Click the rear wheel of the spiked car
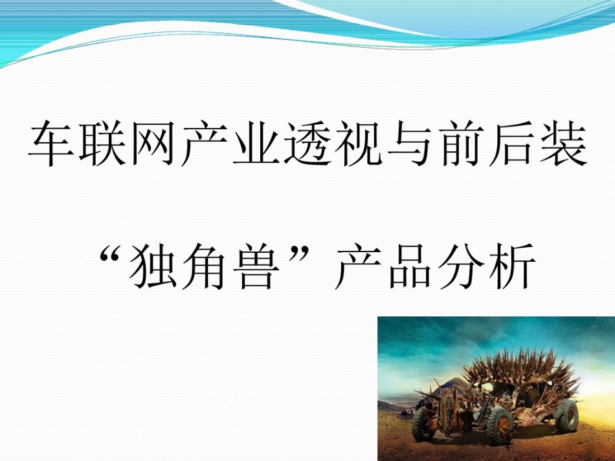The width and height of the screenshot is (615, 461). (566, 415)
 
